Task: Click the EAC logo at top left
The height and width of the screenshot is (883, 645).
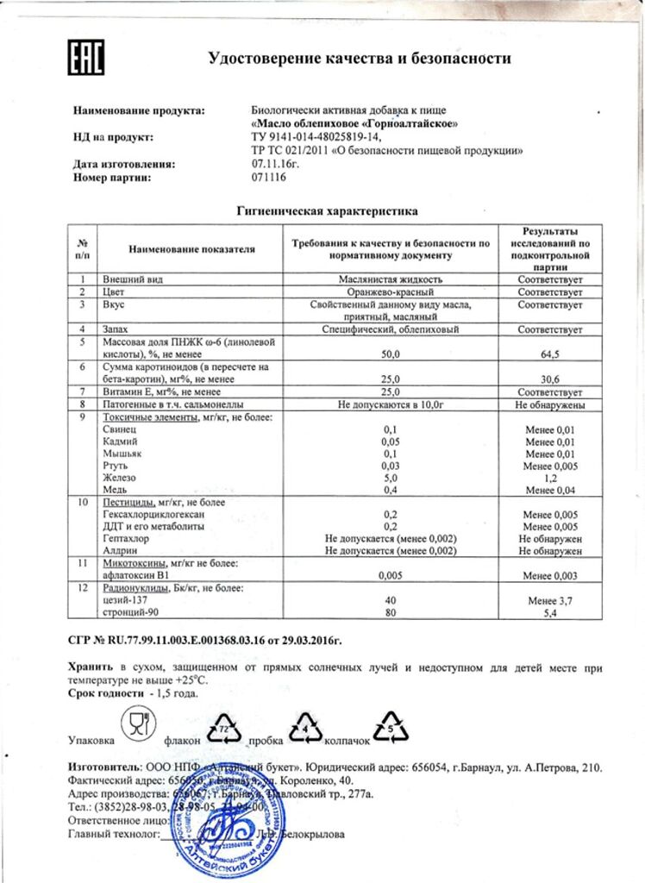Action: (86, 59)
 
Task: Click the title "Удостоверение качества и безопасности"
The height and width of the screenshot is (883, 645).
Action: (360, 59)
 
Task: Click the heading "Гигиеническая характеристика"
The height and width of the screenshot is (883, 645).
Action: (327, 210)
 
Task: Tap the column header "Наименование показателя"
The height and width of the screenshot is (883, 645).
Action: (192, 249)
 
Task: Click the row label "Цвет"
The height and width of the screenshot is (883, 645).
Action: (116, 292)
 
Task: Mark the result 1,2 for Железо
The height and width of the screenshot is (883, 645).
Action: (550, 476)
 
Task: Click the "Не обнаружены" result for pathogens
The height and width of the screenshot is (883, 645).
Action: (550, 404)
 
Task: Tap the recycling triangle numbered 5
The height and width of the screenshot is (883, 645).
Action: (391, 730)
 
